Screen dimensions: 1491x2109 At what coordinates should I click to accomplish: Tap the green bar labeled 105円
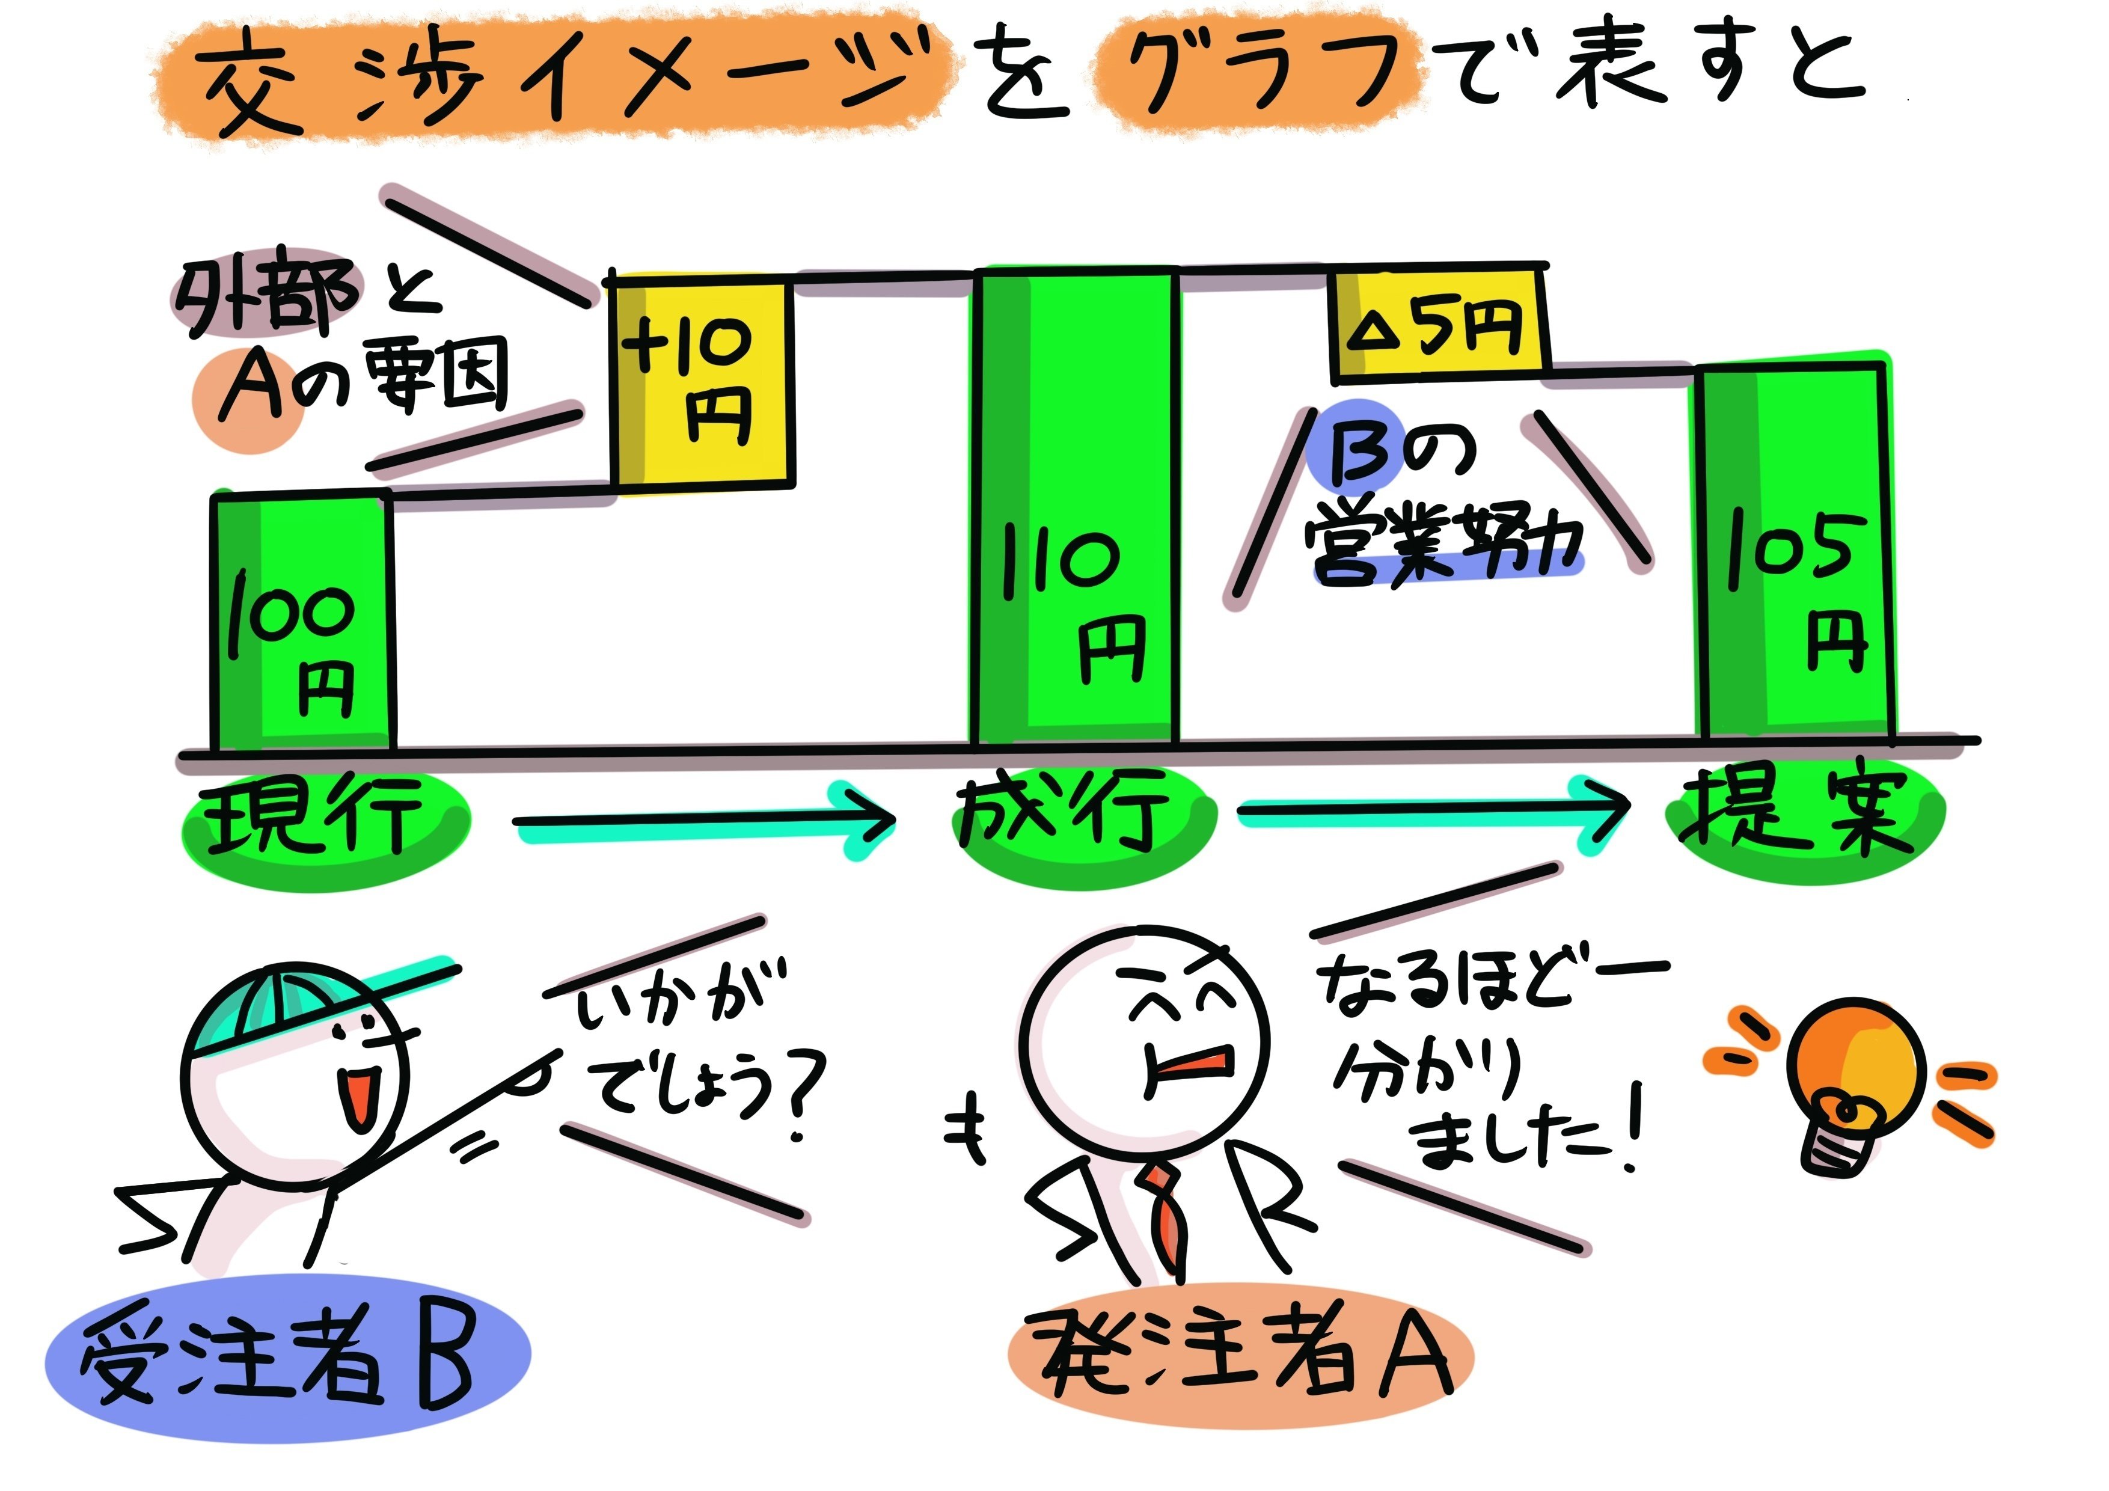coord(1794,551)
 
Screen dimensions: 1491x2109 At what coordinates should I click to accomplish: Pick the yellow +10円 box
coord(703,381)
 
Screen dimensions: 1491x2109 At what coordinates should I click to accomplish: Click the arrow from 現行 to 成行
coord(703,821)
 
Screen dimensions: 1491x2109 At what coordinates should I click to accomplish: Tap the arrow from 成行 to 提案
coord(1433,811)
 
